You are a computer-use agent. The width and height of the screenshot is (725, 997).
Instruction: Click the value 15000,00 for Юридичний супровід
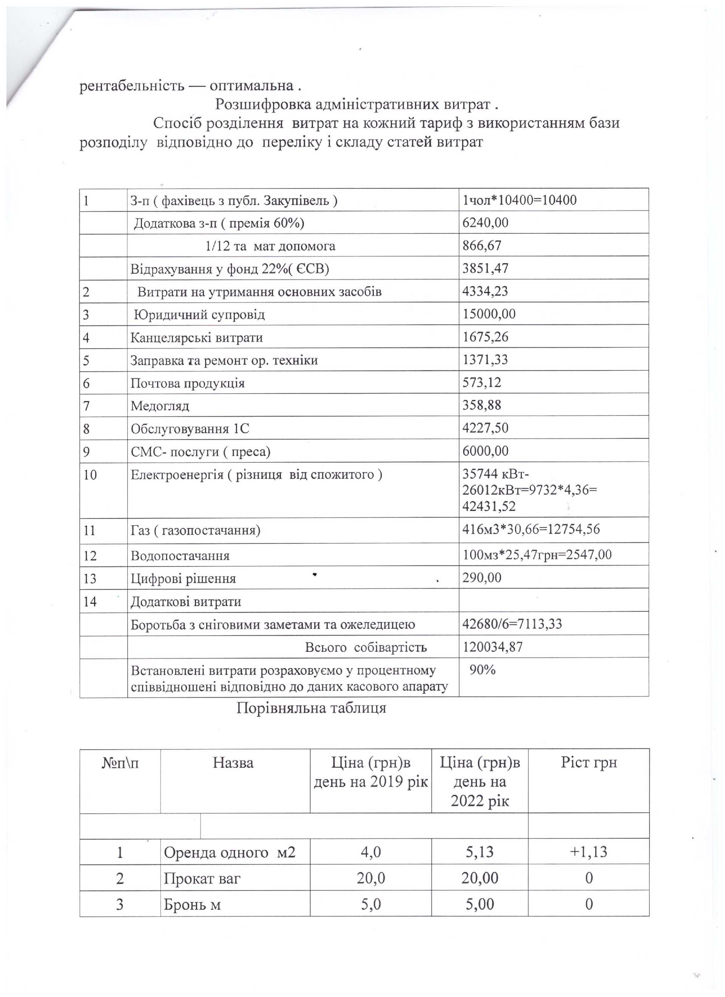click(489, 314)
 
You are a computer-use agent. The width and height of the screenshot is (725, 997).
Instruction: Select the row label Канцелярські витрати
click(196, 338)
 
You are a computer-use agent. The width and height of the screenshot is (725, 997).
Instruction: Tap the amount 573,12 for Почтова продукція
click(481, 383)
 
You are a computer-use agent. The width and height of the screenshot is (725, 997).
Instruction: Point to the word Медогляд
click(160, 405)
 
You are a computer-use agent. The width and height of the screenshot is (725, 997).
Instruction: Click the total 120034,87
click(492, 647)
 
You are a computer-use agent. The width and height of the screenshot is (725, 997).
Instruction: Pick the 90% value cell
click(482, 670)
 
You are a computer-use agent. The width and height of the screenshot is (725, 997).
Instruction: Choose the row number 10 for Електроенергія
click(90, 475)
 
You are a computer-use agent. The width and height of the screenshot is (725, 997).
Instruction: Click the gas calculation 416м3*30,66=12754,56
click(531, 529)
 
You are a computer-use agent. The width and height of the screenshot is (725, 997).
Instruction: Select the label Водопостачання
click(180, 556)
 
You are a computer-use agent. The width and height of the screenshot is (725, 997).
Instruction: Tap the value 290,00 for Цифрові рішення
click(481, 578)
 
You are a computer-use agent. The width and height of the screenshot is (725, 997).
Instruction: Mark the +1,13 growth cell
click(589, 852)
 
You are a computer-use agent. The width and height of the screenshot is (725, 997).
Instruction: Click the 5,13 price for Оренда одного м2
click(480, 852)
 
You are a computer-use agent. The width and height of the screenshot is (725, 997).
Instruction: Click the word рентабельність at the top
click(131, 85)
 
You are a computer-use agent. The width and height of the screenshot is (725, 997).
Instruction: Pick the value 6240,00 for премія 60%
click(485, 222)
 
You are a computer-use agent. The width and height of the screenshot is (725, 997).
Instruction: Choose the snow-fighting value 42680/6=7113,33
click(512, 624)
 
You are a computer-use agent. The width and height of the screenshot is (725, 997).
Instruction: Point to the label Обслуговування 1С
click(190, 429)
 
